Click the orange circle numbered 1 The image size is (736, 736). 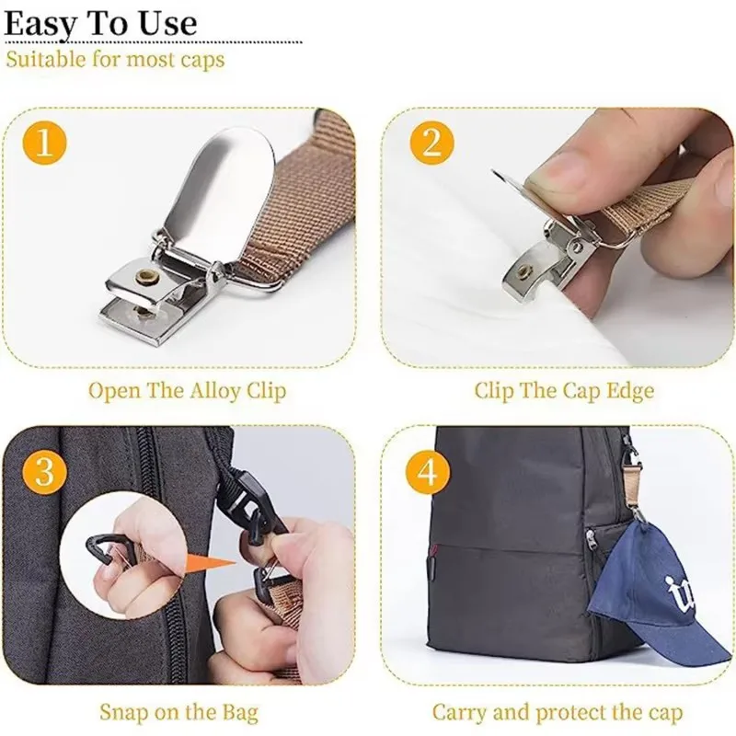[x=46, y=144]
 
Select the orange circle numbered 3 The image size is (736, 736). [x=46, y=471]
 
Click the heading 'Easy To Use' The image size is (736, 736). [x=100, y=24]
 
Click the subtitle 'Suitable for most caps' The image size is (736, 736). [x=115, y=61]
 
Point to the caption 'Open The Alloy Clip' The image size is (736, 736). [x=187, y=390]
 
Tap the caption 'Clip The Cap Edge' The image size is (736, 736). [x=564, y=390]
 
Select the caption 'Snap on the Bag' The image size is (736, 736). [x=178, y=712]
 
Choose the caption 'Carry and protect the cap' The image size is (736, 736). [x=558, y=712]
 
